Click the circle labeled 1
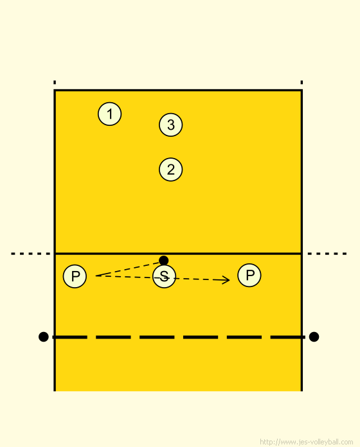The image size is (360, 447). tap(109, 114)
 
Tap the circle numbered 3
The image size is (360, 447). tap(170, 125)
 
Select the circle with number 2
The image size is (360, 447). tap(170, 170)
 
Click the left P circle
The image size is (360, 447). tap(75, 276)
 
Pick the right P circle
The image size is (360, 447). tap(249, 275)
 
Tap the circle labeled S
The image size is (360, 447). tap(164, 276)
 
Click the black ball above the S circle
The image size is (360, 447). tap(163, 260)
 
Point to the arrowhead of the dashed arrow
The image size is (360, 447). tap(229, 280)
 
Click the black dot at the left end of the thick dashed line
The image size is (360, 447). tap(43, 337)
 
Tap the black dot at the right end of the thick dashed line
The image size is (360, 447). tap(314, 337)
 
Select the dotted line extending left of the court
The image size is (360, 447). tap(30, 254)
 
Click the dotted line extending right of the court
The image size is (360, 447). tap(327, 254)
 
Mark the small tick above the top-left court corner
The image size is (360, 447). tap(55, 82)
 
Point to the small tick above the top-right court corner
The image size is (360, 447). tap(301, 82)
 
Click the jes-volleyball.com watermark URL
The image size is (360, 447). tap(307, 442)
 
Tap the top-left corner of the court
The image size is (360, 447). tap(55, 91)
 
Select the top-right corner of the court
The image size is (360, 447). tap(301, 91)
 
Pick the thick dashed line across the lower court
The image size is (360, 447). tap(179, 337)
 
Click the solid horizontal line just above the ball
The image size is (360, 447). tap(178, 253)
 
